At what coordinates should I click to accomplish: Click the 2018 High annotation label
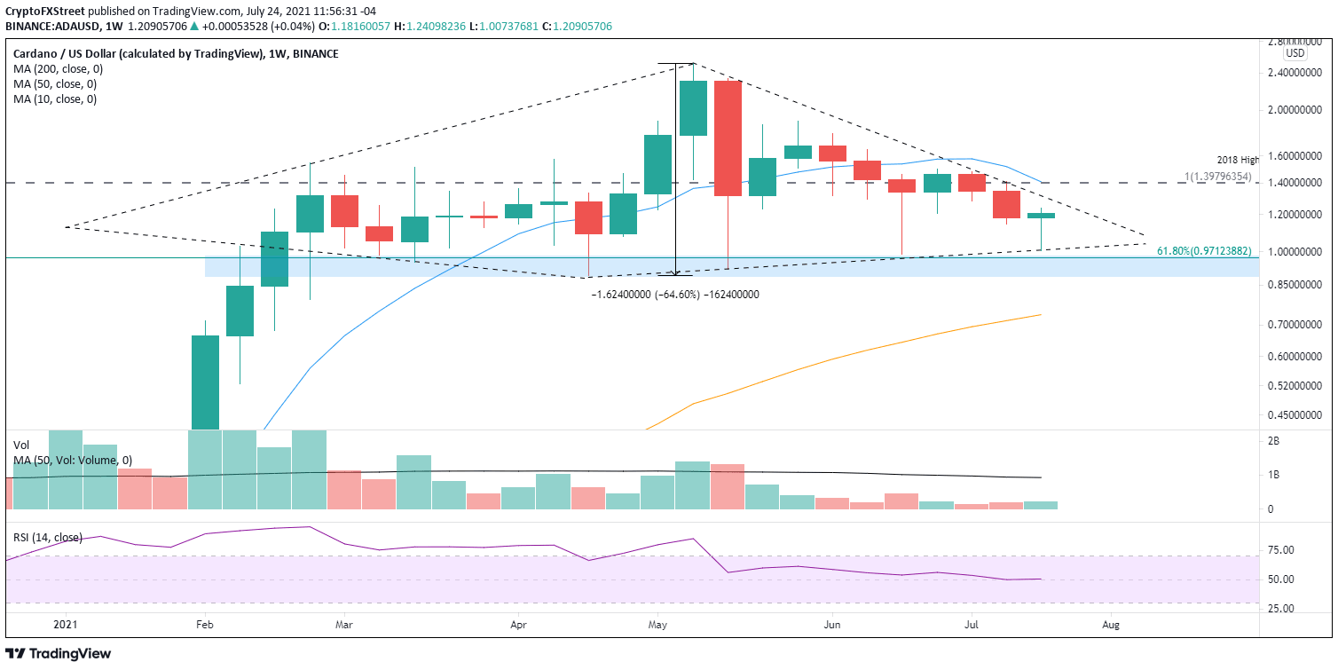(x=1238, y=160)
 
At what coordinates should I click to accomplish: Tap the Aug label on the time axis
(x=1111, y=625)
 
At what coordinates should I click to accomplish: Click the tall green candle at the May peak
(x=692, y=108)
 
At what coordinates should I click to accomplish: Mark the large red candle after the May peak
(x=728, y=138)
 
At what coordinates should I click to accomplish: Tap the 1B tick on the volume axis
(x=1273, y=475)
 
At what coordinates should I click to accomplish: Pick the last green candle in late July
(x=1041, y=216)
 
